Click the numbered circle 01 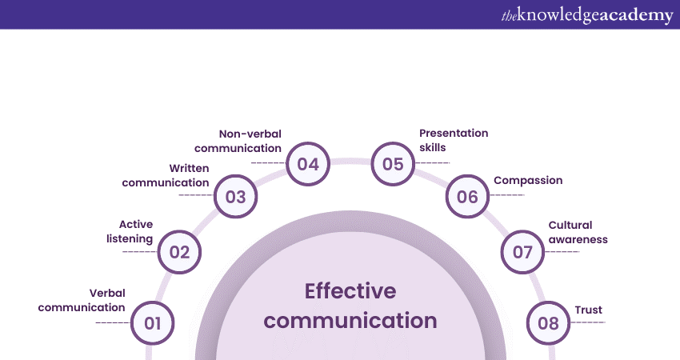pyautogui.click(x=152, y=323)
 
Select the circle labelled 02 pyautogui.click(x=179, y=252)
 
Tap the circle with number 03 pyautogui.click(x=235, y=197)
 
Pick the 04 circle pyautogui.click(x=308, y=164)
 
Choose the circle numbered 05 pyautogui.click(x=393, y=164)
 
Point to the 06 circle pyautogui.click(x=467, y=197)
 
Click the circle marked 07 pyautogui.click(x=522, y=252)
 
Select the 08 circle pyautogui.click(x=548, y=323)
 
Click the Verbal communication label pyautogui.click(x=82, y=300)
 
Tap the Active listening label pyautogui.click(x=130, y=232)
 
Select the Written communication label pyautogui.click(x=166, y=175)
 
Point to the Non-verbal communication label pyautogui.click(x=238, y=141)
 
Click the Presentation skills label pyautogui.click(x=454, y=140)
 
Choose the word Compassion pyautogui.click(x=528, y=181)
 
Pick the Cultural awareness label pyautogui.click(x=578, y=232)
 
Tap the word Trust pyautogui.click(x=589, y=310)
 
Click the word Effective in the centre pyautogui.click(x=350, y=291)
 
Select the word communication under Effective pyautogui.click(x=350, y=321)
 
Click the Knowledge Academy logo pyautogui.click(x=587, y=15)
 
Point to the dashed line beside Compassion pyautogui.click(x=507, y=195)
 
